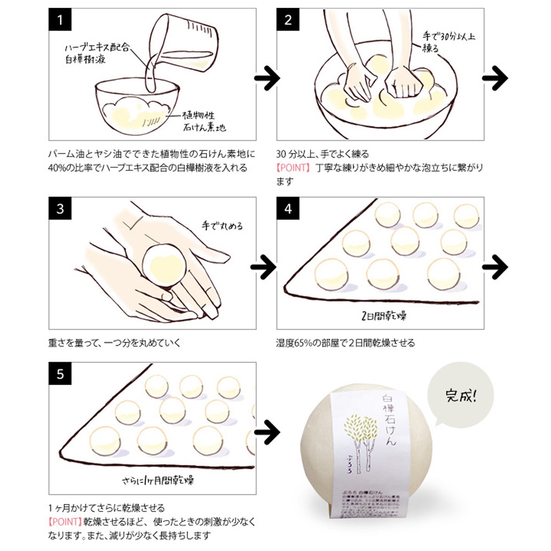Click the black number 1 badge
(60, 20)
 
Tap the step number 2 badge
(288, 20)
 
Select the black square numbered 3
(60, 209)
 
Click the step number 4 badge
(288, 209)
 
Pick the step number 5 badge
(60, 374)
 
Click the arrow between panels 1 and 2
(267, 79)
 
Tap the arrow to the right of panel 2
(495, 79)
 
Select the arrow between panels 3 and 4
(264, 267)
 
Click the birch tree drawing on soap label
(359, 441)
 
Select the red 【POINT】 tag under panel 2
(293, 168)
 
